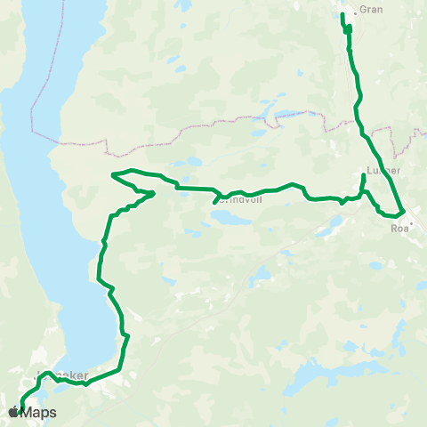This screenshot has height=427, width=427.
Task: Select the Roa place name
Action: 398,228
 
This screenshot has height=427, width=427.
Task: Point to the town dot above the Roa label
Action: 401,213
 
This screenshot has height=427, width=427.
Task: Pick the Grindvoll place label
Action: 238,201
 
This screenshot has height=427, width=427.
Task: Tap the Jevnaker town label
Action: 62,376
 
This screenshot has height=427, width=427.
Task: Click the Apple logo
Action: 12,412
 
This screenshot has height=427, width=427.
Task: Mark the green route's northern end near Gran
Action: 342,14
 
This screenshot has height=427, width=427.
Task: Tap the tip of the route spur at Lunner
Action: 364,176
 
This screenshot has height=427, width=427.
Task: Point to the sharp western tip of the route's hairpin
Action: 111,175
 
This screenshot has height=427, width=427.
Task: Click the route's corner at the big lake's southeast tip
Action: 117,368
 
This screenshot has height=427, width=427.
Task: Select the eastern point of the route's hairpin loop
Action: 154,192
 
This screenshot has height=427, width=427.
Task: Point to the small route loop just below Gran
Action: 348,29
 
